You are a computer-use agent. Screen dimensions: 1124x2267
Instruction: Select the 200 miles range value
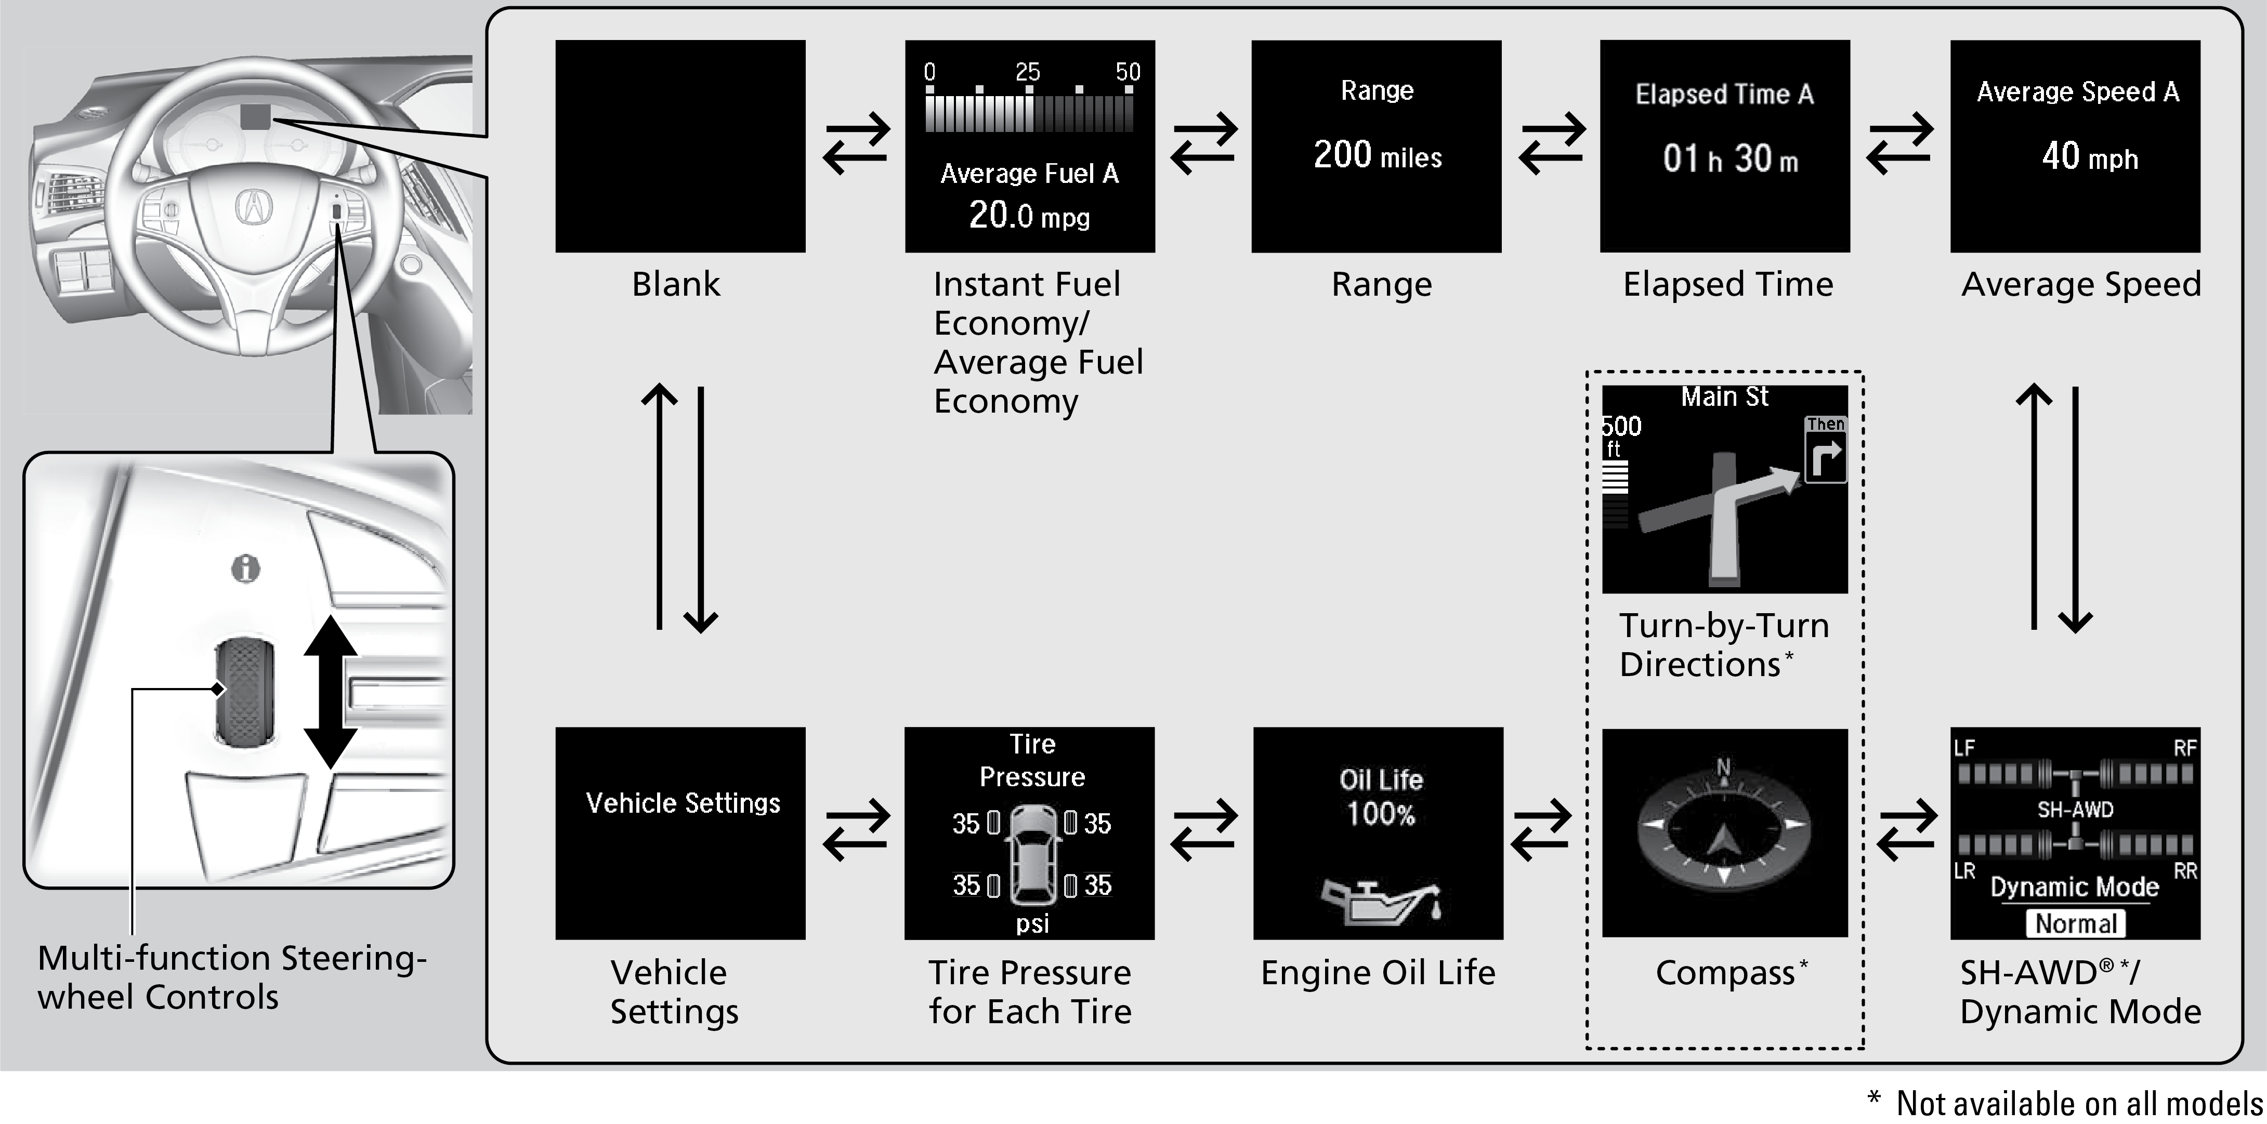1377,156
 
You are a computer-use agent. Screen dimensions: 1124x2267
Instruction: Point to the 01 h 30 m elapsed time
1729,159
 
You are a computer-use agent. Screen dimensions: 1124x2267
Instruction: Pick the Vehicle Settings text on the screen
683,803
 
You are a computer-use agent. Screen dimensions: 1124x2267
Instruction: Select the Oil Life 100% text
1381,797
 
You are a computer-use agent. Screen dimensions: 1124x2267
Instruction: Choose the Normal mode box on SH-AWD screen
2075,923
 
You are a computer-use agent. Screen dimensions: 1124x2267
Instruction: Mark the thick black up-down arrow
331,691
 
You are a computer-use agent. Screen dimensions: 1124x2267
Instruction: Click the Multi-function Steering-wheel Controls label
231,977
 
